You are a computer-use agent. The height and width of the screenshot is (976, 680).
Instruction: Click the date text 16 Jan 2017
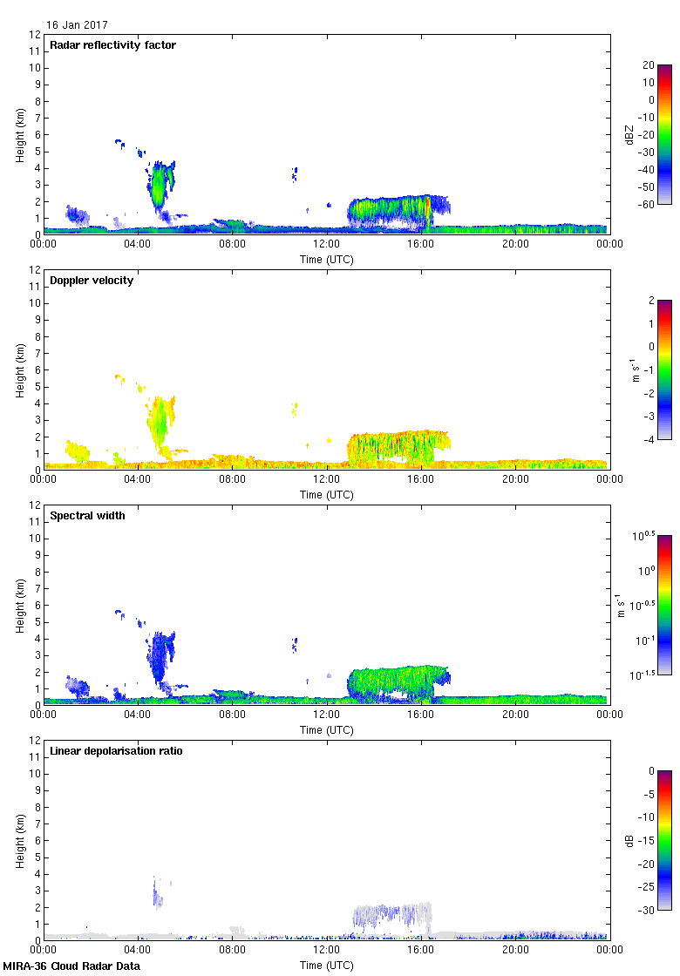point(78,25)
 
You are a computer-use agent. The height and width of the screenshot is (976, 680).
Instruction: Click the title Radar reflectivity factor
point(112,45)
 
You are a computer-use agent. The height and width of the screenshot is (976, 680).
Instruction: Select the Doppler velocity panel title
point(92,281)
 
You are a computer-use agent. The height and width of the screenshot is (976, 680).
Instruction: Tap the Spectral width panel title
point(87,516)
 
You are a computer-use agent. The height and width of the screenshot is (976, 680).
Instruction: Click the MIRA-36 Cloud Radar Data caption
point(71,966)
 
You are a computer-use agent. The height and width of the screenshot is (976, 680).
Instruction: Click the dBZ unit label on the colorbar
point(626,133)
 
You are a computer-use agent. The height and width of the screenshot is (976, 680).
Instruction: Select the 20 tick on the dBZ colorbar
point(649,65)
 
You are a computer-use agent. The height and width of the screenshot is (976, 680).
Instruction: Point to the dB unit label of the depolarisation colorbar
point(626,840)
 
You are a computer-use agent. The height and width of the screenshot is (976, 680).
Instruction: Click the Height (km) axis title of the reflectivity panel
point(19,134)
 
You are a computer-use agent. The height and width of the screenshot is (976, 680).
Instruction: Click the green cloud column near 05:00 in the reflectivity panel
point(160,186)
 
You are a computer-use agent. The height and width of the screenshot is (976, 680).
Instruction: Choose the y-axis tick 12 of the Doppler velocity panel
point(36,270)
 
